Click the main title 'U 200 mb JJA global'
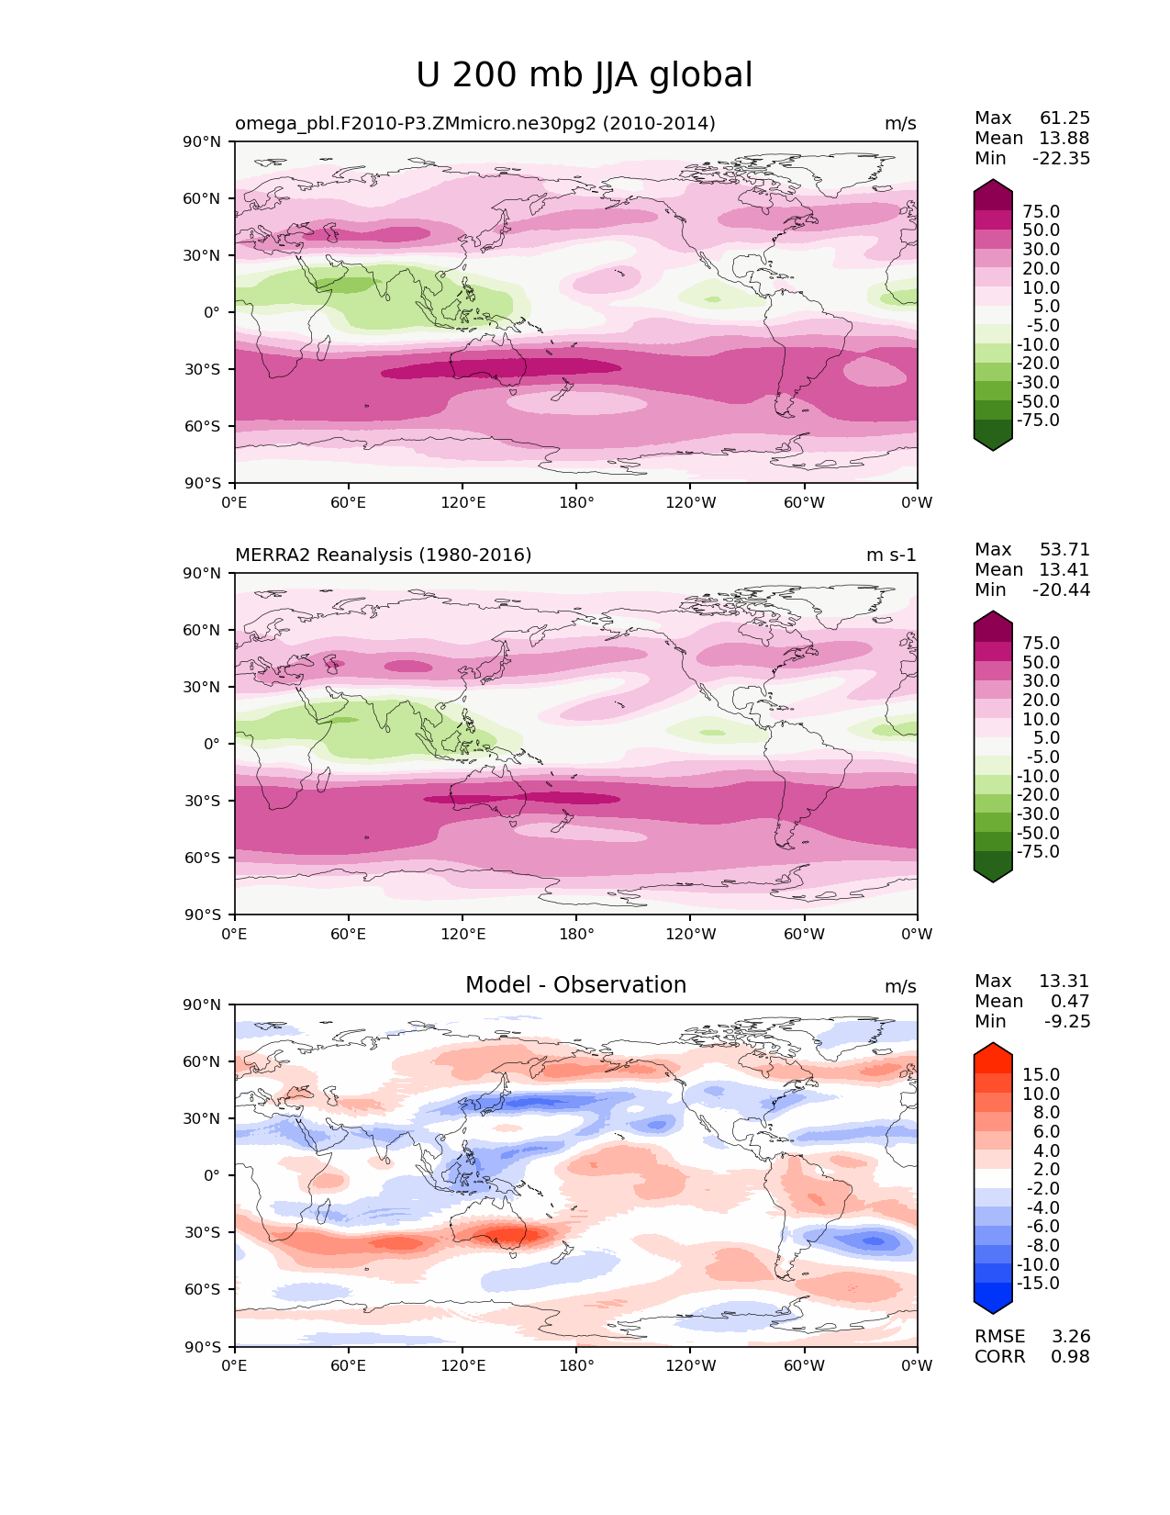pos(584,75)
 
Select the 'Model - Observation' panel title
pos(575,985)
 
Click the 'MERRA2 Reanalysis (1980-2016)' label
pos(383,555)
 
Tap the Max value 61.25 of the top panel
pos(1064,118)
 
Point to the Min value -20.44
pos(1061,589)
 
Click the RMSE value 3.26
pos(1070,1336)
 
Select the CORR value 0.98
pos(1070,1356)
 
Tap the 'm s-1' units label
pos(891,555)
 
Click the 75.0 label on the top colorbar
pos(1041,211)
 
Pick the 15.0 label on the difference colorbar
pos(1041,1074)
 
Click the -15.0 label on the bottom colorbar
pos(1038,1283)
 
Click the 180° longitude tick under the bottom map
pos(576,1365)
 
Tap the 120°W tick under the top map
pos(690,502)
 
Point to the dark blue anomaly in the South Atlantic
pos(873,1241)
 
